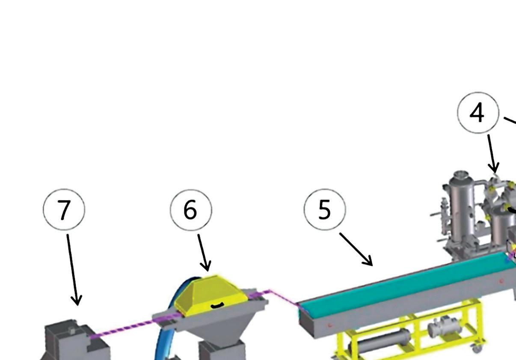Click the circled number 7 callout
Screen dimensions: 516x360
click(64, 210)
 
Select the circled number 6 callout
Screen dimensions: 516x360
click(191, 210)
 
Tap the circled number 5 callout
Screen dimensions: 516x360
click(325, 210)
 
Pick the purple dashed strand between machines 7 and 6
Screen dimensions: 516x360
click(124, 327)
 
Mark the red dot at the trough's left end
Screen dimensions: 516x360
click(329, 325)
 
